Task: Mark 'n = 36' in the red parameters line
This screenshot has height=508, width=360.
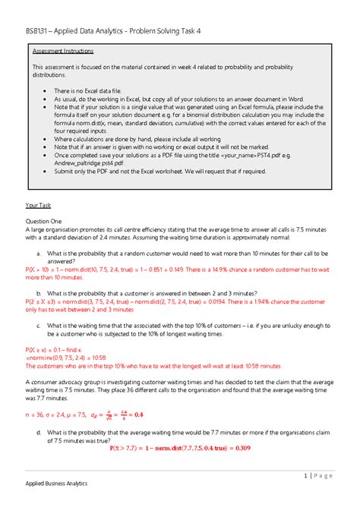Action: coord(36,414)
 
